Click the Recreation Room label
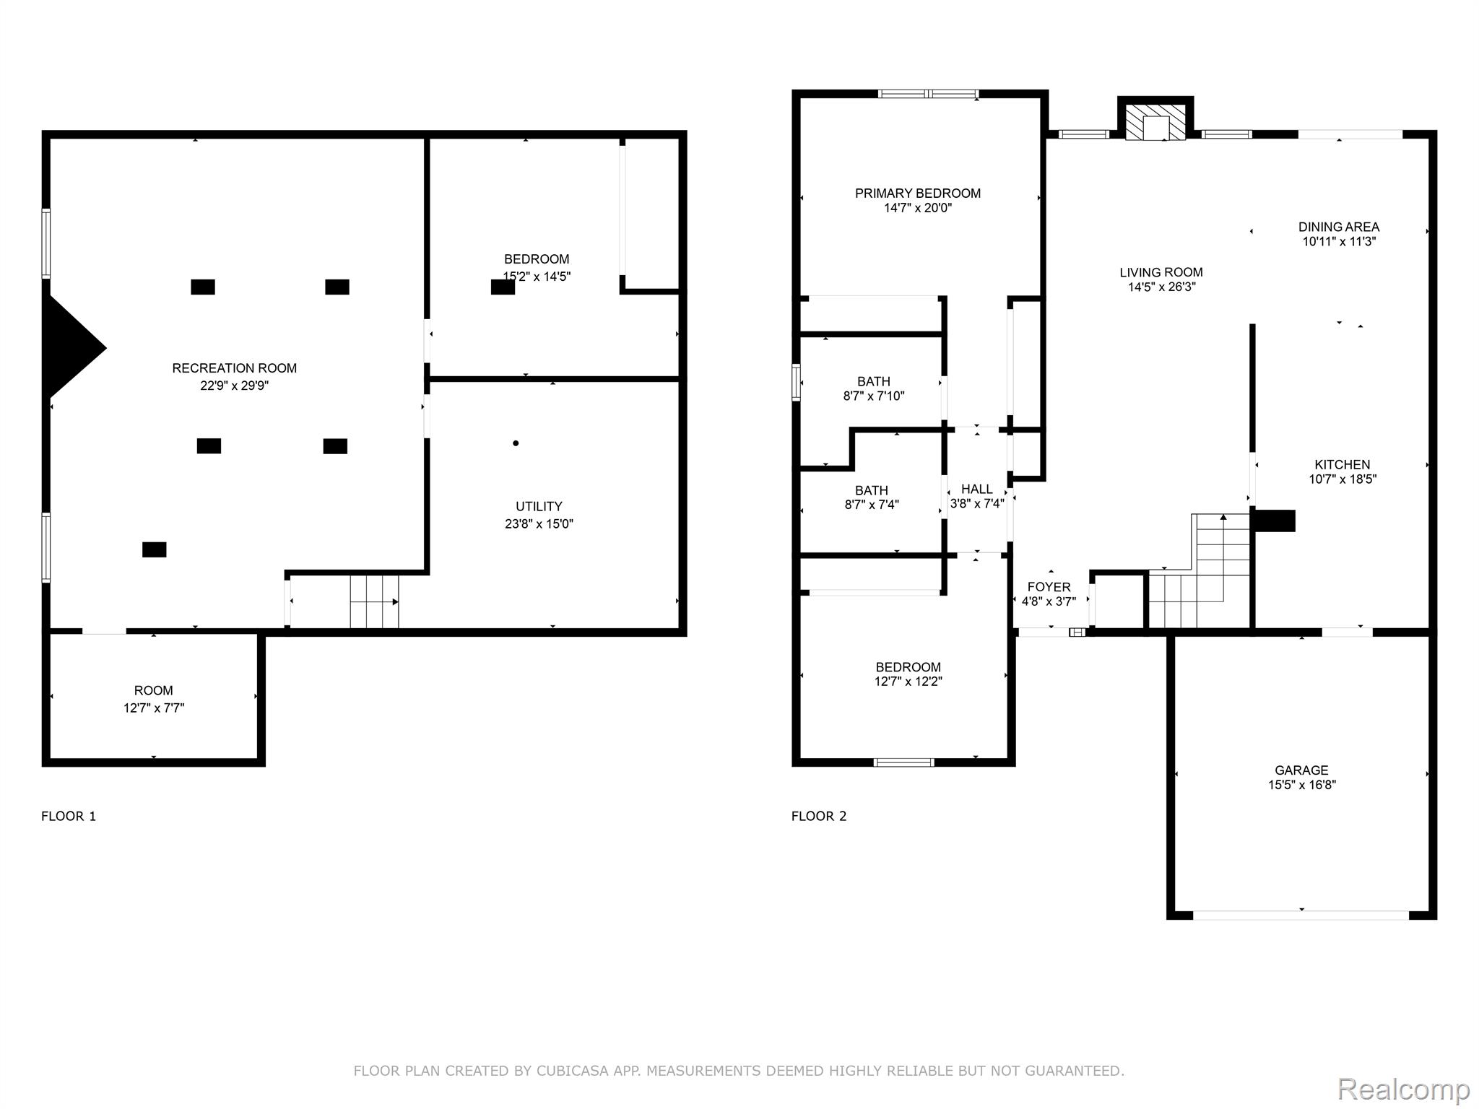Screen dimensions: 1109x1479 pyautogui.click(x=234, y=368)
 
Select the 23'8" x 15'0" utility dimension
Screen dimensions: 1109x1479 pyautogui.click(x=539, y=524)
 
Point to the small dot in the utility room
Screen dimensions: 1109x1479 pyautogui.click(x=516, y=443)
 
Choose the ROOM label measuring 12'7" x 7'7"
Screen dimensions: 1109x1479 pyautogui.click(x=153, y=691)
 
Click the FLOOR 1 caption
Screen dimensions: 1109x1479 pyautogui.click(x=69, y=817)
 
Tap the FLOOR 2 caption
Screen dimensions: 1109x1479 pyautogui.click(x=819, y=817)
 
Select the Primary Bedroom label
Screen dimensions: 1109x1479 pyautogui.click(x=918, y=193)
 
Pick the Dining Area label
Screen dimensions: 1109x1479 pyautogui.click(x=1339, y=227)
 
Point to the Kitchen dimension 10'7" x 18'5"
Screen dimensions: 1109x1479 pyautogui.click(x=1343, y=479)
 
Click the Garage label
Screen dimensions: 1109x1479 pyautogui.click(x=1301, y=770)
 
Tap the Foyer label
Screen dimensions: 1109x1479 pyautogui.click(x=1049, y=587)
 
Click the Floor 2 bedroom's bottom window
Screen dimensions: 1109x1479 pyautogui.click(x=904, y=762)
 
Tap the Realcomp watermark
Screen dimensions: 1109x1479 pyautogui.click(x=1403, y=1089)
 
